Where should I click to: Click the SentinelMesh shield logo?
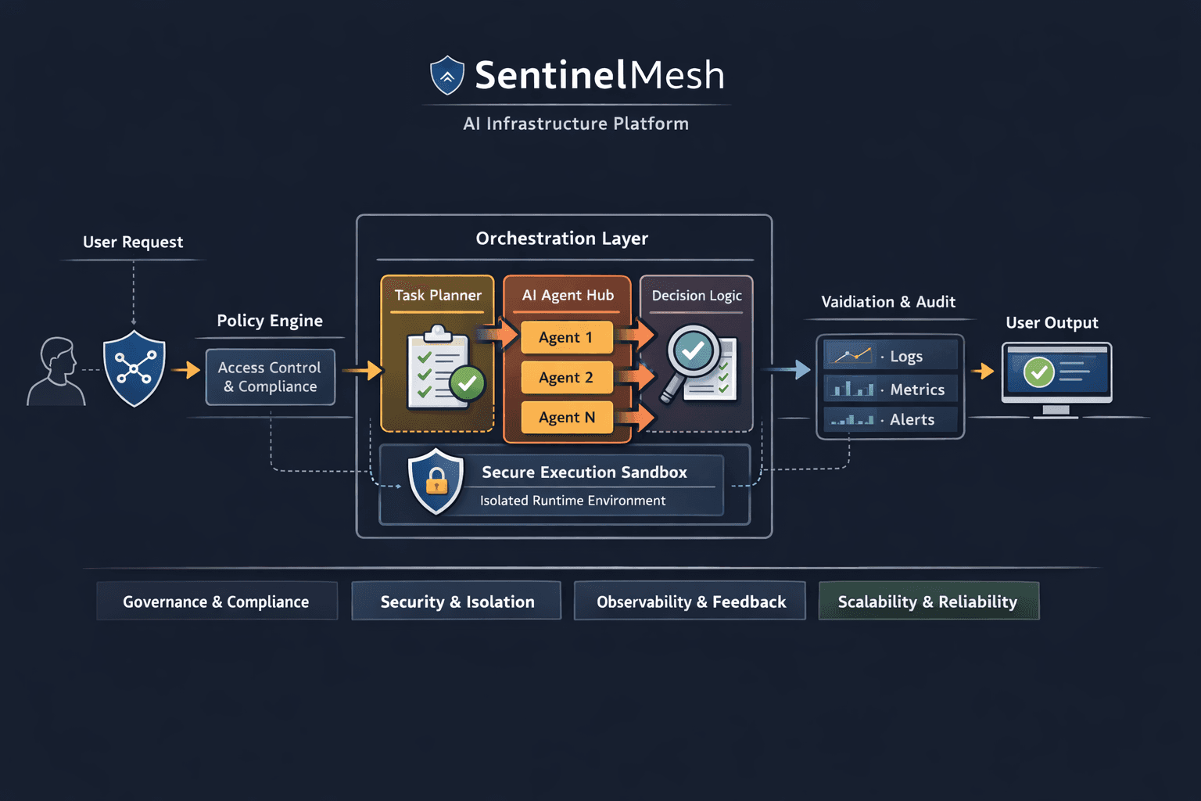click(x=447, y=75)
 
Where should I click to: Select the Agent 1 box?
click(x=566, y=338)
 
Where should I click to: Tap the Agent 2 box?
click(x=566, y=378)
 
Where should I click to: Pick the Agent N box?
click(x=566, y=418)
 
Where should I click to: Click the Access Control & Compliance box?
click(x=270, y=377)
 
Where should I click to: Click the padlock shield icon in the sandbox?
click(x=436, y=482)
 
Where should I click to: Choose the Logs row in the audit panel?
click(x=890, y=356)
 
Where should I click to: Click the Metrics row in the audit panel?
click(x=890, y=389)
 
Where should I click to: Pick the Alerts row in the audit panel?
click(x=890, y=419)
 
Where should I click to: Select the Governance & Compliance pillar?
click(x=217, y=602)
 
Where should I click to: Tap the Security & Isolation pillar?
click(x=457, y=602)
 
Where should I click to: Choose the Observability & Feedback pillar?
click(x=690, y=602)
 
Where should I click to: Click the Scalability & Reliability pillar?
click(x=928, y=602)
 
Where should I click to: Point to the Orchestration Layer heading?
click(x=562, y=239)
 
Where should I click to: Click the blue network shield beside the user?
click(x=134, y=368)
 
